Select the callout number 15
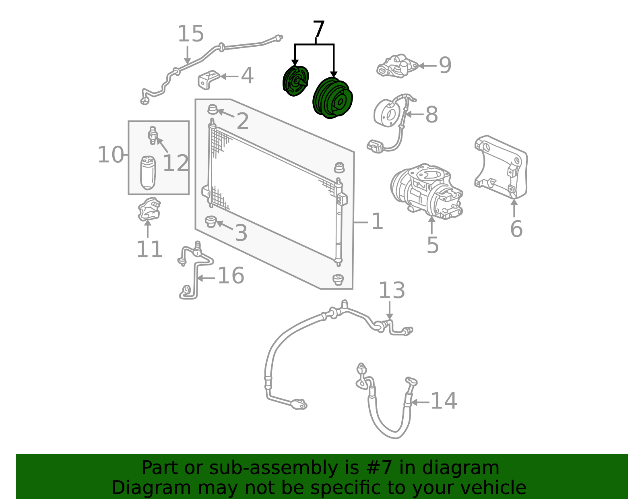click(190, 34)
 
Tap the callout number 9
click(445, 66)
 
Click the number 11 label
click(149, 249)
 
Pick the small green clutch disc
click(295, 81)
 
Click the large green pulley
click(332, 98)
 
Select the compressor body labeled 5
click(427, 191)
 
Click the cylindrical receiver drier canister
click(148, 173)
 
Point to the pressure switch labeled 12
click(153, 135)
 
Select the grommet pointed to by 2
click(213, 110)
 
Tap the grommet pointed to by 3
click(211, 221)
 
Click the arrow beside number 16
click(206, 278)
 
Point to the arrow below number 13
click(390, 310)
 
